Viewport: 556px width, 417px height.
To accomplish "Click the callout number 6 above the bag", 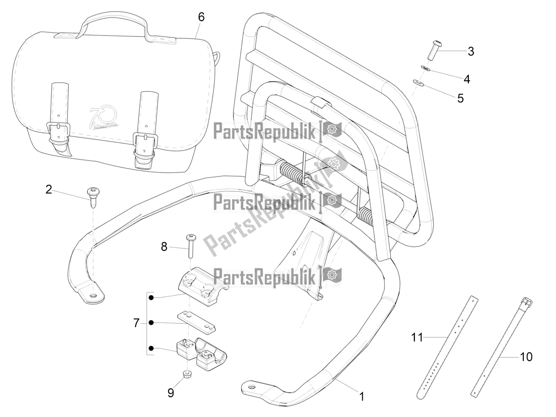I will tap(201, 17).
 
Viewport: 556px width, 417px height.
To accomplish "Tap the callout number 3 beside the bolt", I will tap(471, 51).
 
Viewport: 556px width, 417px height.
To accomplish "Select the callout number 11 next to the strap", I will tap(417, 338).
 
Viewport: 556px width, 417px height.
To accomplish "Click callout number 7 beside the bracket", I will tap(136, 323).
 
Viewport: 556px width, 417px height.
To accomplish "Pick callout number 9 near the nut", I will tap(171, 393).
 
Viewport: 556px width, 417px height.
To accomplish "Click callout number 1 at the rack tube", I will tap(362, 396).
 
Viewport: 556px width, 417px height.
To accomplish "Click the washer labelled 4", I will tap(426, 69).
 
